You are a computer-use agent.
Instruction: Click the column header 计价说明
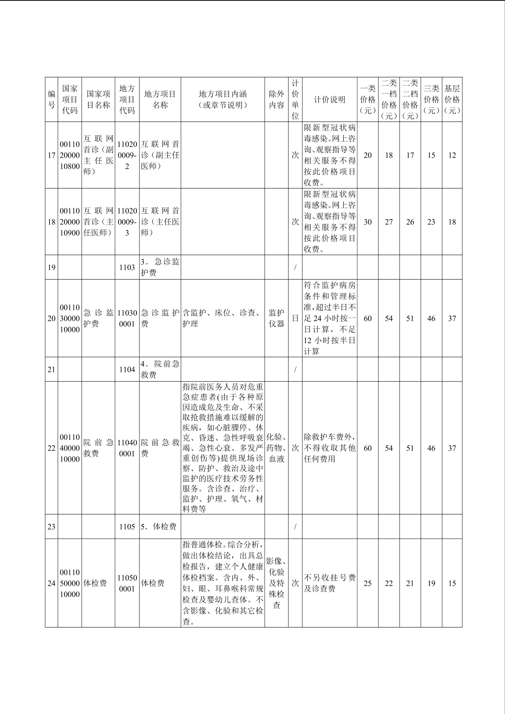(x=329, y=99)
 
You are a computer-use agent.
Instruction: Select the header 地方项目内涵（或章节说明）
(x=223, y=99)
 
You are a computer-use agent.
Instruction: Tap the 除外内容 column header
(x=276, y=99)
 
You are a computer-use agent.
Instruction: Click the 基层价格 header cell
(x=452, y=99)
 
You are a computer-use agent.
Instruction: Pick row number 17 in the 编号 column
(x=51, y=155)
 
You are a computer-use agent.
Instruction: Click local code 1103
(x=127, y=267)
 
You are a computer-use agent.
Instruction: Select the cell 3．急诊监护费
(x=160, y=267)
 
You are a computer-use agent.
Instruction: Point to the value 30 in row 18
(x=368, y=222)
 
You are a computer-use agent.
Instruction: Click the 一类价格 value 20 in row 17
(x=368, y=155)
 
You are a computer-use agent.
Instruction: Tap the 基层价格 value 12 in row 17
(x=452, y=155)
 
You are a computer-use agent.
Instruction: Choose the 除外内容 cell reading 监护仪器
(x=276, y=318)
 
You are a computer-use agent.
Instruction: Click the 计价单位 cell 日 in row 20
(x=295, y=318)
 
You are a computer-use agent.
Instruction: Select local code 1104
(x=127, y=370)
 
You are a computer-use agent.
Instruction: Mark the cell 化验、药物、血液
(x=276, y=448)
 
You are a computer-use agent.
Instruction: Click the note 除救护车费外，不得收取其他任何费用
(x=329, y=448)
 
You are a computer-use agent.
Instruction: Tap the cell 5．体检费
(x=160, y=527)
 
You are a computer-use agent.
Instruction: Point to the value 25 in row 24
(x=368, y=583)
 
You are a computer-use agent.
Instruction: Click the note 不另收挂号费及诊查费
(x=329, y=583)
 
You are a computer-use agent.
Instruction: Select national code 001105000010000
(x=70, y=583)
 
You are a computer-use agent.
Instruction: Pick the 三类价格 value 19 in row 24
(x=431, y=583)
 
